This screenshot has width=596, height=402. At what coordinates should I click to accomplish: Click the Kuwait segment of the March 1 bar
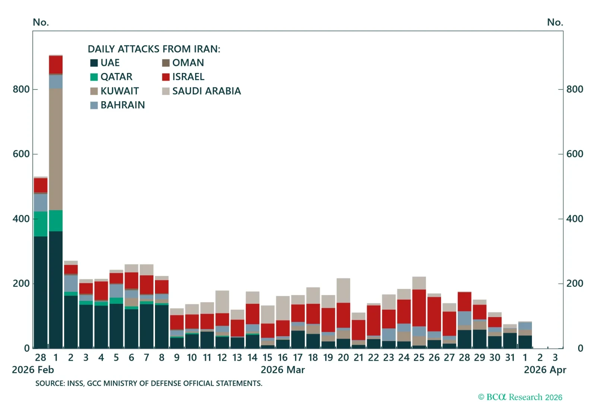click(x=56, y=149)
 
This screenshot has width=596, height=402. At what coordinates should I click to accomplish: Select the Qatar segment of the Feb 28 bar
click(x=41, y=224)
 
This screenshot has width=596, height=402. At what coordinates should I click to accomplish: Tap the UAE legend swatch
click(x=94, y=63)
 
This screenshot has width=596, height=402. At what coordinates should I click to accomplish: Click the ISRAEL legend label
click(x=188, y=77)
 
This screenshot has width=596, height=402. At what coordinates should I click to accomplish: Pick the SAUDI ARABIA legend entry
click(x=206, y=91)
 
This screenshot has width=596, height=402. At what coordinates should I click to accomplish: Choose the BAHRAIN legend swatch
click(x=94, y=105)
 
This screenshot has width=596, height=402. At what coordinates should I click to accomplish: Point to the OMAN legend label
click(x=188, y=63)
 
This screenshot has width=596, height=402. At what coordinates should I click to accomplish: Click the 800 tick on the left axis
click(x=21, y=89)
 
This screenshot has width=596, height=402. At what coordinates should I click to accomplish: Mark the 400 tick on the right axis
click(x=575, y=219)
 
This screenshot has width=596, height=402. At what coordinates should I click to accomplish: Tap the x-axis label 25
click(x=419, y=358)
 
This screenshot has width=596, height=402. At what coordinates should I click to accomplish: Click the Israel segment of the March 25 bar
click(x=419, y=308)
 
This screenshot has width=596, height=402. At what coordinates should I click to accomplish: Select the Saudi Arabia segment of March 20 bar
click(x=343, y=290)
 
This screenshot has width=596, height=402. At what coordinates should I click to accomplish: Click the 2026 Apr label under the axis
click(x=545, y=370)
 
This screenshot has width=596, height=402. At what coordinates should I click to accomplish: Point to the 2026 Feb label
click(x=33, y=370)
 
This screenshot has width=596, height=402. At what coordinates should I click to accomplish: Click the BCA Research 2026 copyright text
click(x=520, y=397)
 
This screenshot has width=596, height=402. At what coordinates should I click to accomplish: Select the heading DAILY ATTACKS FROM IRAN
click(x=154, y=49)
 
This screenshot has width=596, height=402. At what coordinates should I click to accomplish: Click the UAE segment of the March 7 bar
click(x=146, y=326)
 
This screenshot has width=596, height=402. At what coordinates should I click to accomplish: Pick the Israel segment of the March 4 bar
click(x=101, y=290)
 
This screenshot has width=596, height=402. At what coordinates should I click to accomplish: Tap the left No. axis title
click(x=41, y=22)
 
